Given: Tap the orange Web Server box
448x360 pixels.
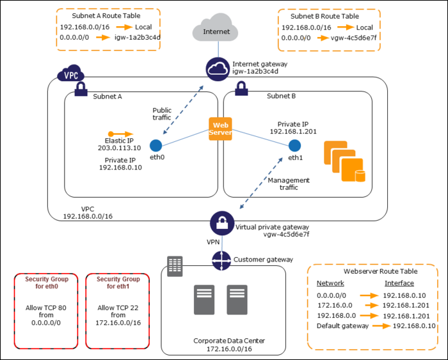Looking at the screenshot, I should point(220,128).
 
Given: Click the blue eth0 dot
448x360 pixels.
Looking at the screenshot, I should point(155,145).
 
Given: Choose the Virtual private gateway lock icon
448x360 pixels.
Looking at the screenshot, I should point(221,224).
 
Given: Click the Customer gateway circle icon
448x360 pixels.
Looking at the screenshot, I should point(221,260).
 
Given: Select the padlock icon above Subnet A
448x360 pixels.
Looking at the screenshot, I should point(81,89).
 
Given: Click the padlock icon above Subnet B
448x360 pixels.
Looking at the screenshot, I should point(243,89).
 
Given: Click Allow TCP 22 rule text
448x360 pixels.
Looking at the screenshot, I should point(116,308).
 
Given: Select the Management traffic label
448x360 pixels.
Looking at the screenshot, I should point(289,184).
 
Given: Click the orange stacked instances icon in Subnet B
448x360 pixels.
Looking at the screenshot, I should point(345,160).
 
